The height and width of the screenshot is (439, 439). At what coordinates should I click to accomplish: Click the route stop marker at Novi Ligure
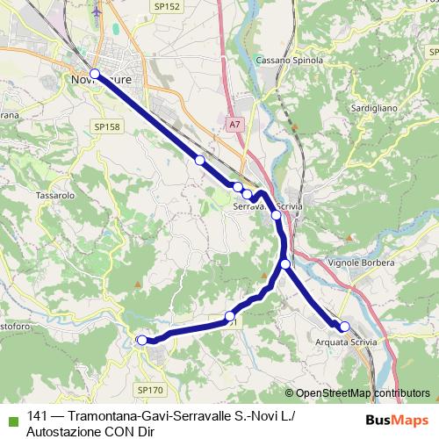click(x=95, y=75)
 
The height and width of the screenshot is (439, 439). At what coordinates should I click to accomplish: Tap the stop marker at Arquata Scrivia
click(x=345, y=327)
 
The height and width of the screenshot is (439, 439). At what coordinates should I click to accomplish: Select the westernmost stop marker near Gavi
click(x=141, y=340)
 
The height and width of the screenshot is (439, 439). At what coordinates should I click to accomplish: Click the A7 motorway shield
click(x=234, y=125)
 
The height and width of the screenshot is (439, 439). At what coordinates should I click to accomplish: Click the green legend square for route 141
click(x=11, y=417)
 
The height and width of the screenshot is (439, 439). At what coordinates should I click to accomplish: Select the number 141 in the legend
click(x=38, y=416)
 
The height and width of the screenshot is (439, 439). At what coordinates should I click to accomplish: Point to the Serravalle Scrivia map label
click(x=268, y=207)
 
